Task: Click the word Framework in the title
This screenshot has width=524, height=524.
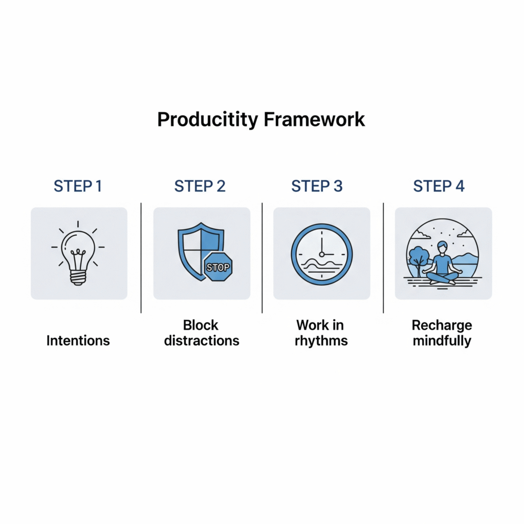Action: click(314, 119)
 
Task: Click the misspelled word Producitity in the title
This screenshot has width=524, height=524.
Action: click(208, 120)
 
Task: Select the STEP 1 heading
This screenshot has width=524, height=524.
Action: click(78, 186)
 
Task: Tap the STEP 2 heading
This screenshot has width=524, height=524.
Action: click(200, 186)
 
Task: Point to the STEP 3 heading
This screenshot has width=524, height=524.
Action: click(317, 186)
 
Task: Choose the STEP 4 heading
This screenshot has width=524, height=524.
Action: click(439, 186)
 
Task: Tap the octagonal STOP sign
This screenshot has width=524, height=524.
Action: click(218, 267)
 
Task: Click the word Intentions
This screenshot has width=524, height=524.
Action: click(78, 341)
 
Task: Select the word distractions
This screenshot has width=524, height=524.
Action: click(202, 341)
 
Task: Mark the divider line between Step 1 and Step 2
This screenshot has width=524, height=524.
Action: click(141, 258)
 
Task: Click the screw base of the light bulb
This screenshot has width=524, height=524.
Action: click(78, 277)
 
